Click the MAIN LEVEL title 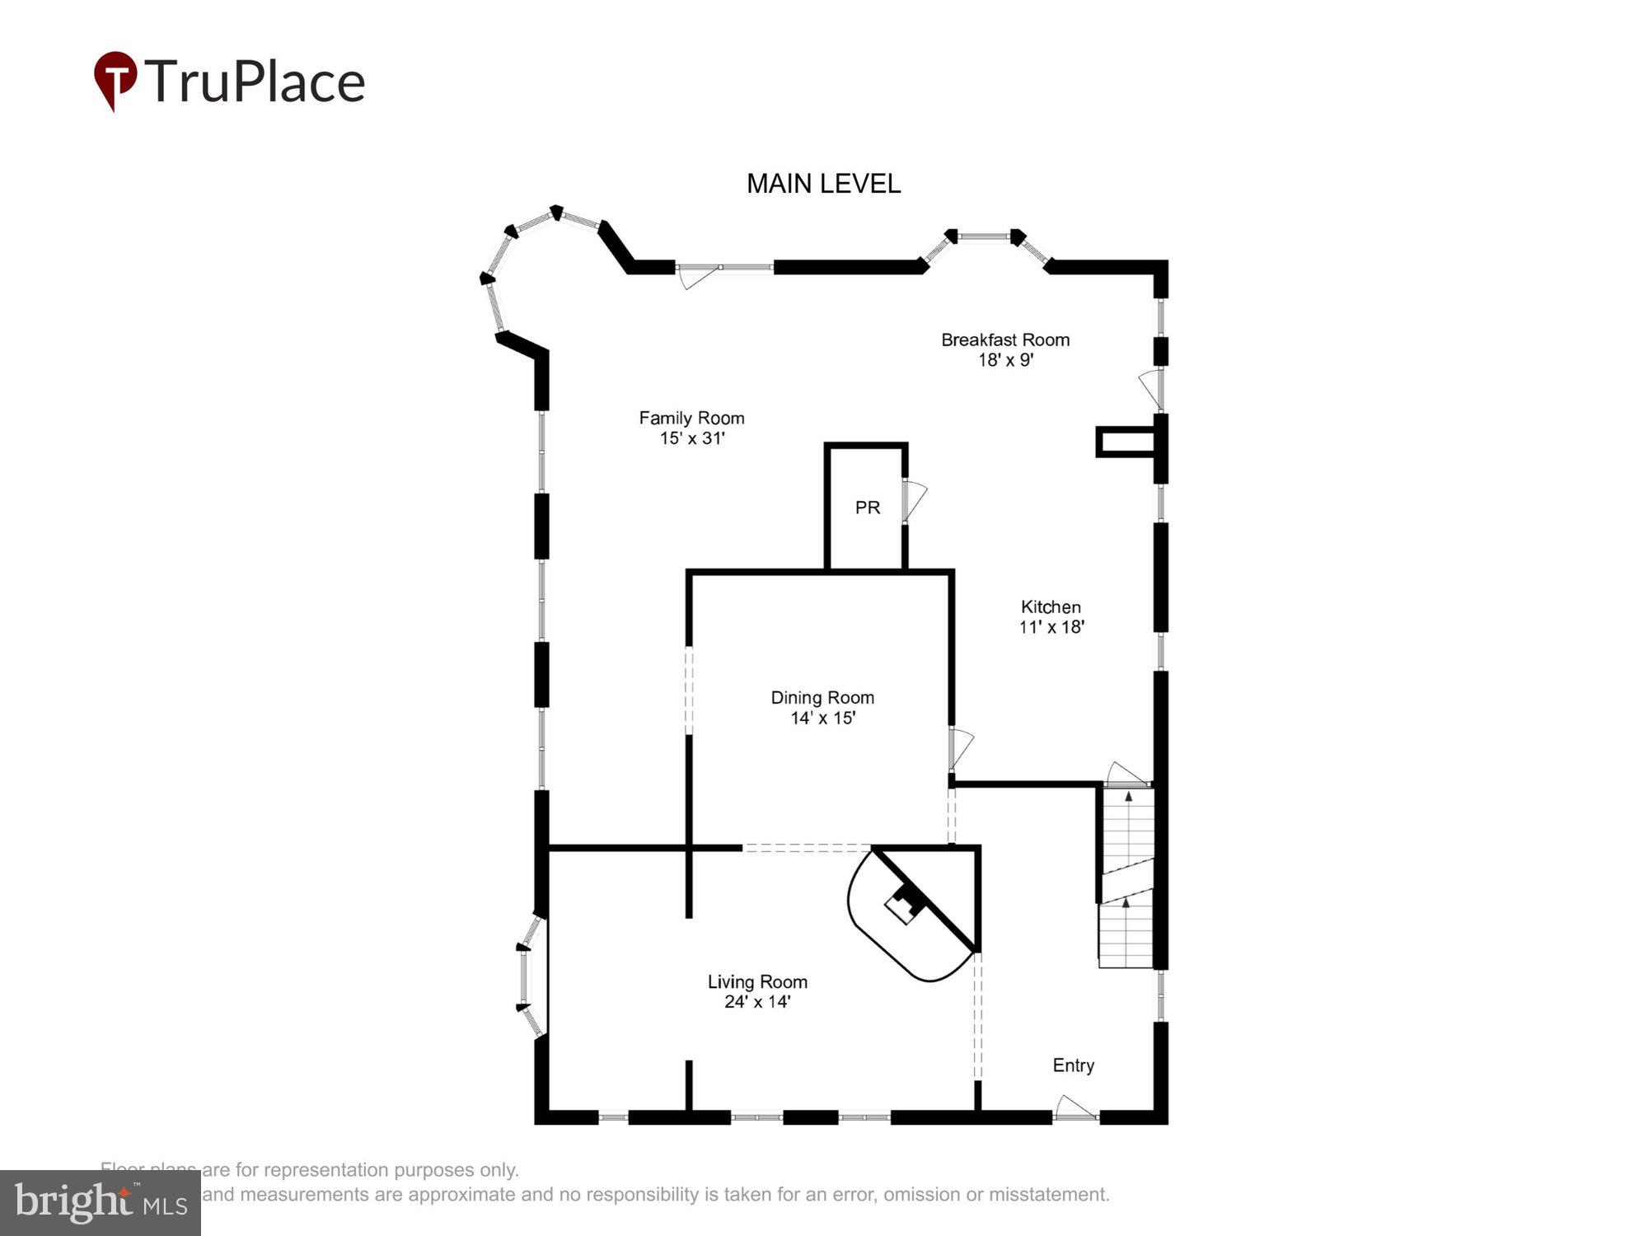[823, 183]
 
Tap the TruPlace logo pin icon [115, 79]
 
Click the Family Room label [691, 418]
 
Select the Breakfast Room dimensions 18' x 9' [1005, 360]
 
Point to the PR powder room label [867, 508]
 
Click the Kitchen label [1051, 606]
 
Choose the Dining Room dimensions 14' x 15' [822, 718]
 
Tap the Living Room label [757, 981]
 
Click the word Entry [1073, 1065]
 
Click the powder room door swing [914, 499]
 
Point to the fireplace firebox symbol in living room [904, 906]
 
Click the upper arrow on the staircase [1128, 797]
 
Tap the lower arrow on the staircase [1126, 904]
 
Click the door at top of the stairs [1125, 775]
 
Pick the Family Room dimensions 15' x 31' [691, 438]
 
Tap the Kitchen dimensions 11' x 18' [1051, 627]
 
